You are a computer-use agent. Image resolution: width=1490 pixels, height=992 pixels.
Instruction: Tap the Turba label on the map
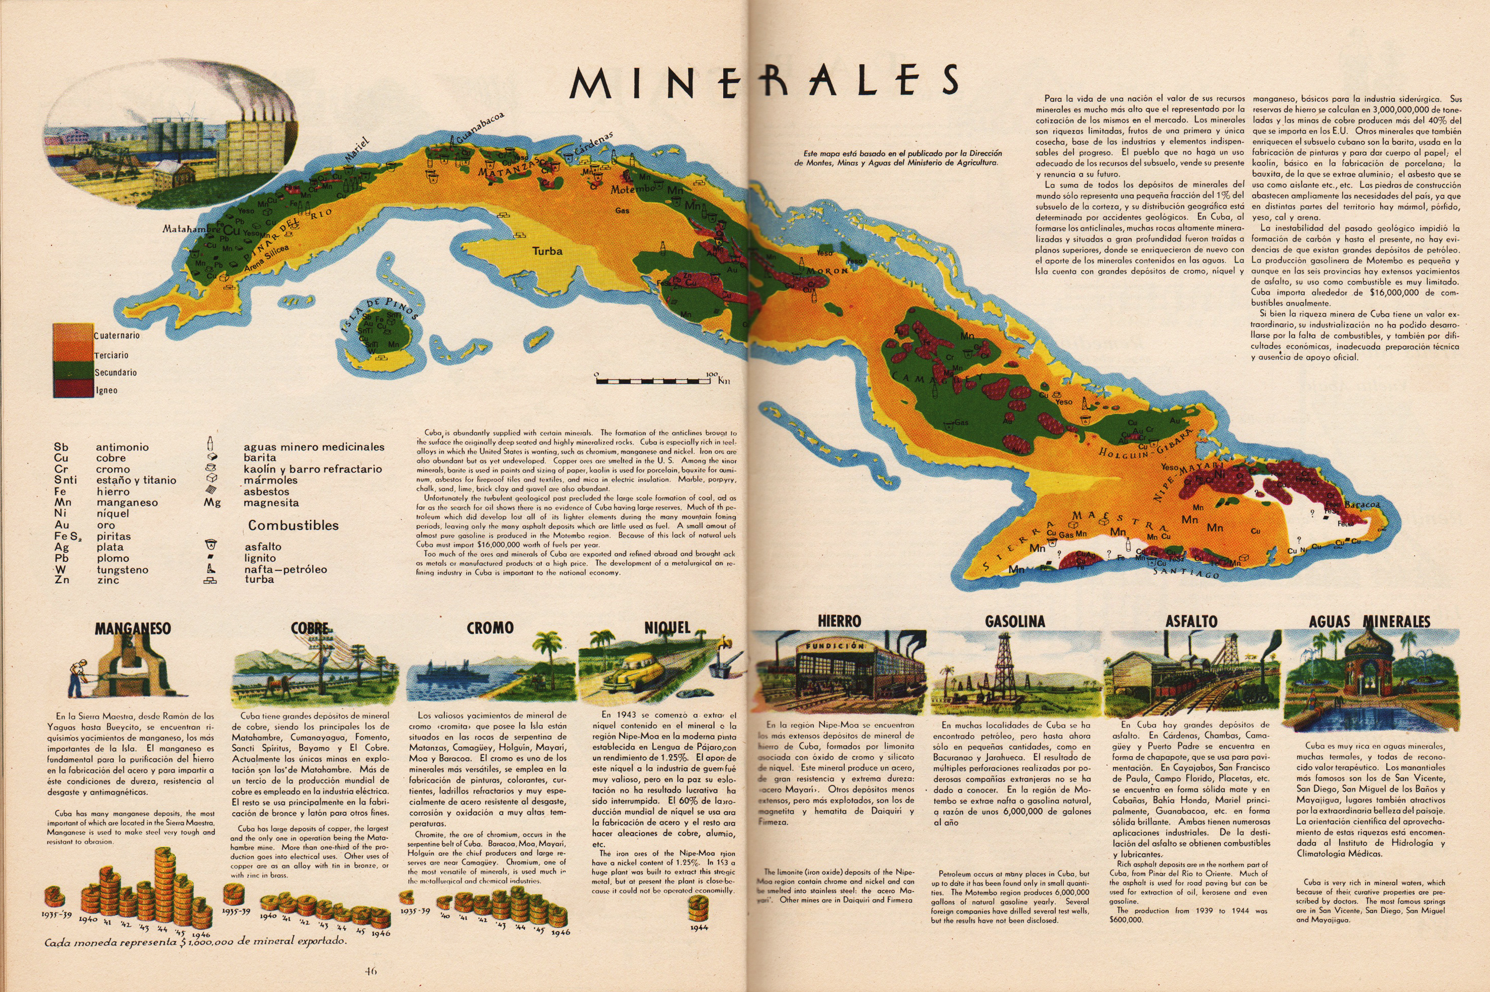tap(547, 251)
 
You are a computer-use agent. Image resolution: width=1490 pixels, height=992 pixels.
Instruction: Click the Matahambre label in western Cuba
tap(188, 228)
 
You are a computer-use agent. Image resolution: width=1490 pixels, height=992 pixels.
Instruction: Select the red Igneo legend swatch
tap(73, 389)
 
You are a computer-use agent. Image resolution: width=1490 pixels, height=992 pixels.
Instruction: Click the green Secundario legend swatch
tap(73, 371)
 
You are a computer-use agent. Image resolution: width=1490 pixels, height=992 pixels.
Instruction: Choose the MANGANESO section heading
tap(133, 628)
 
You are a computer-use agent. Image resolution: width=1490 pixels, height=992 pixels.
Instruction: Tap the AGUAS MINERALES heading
tap(1369, 622)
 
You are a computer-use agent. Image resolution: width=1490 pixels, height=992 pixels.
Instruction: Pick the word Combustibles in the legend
tap(293, 525)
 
